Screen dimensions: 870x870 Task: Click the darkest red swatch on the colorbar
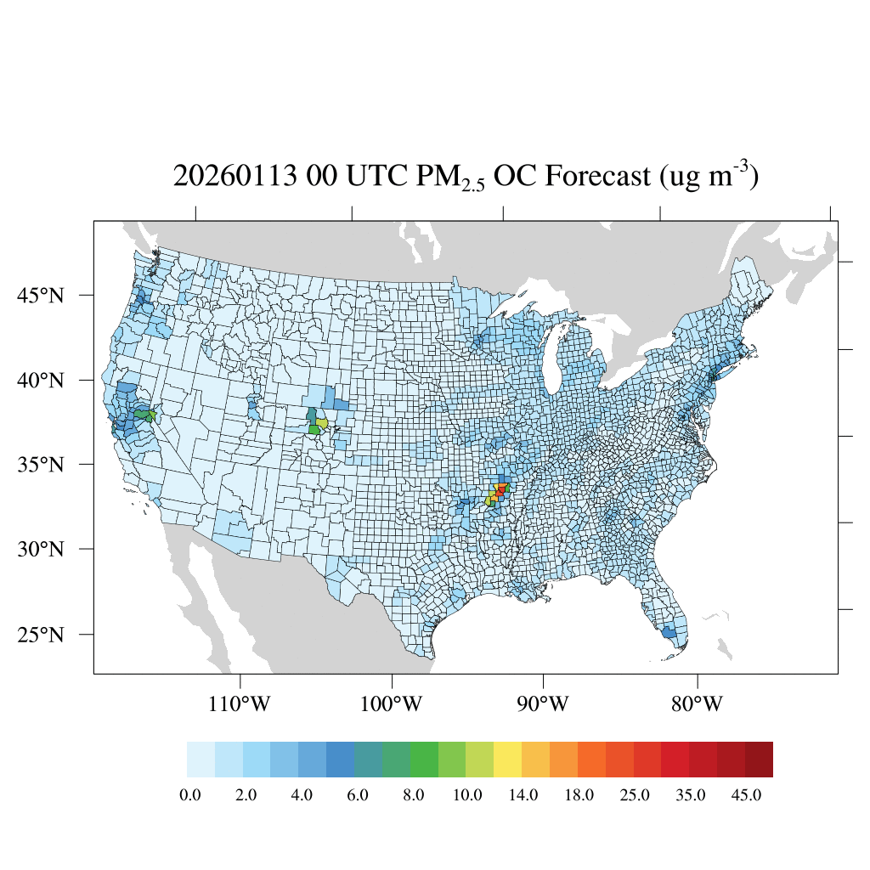[759, 759]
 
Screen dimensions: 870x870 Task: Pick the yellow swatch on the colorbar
[507, 759]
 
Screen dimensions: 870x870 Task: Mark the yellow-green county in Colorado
[322, 422]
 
